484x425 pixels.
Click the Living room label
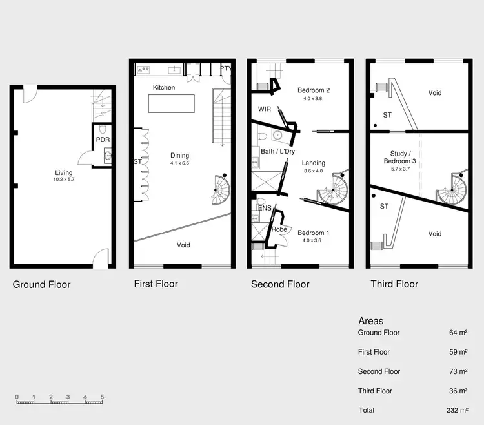pyautogui.click(x=63, y=172)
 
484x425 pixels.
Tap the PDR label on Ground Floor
pyautogui.click(x=103, y=140)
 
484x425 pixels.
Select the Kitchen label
pyautogui.click(x=163, y=87)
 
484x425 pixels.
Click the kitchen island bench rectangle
pyautogui.click(x=172, y=103)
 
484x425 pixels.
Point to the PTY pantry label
pyautogui.click(x=226, y=68)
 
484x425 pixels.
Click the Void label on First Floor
pyautogui.click(x=184, y=245)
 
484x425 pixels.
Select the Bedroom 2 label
pyautogui.click(x=314, y=90)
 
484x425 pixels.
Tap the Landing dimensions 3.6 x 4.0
pyautogui.click(x=314, y=172)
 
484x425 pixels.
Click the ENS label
pyautogui.click(x=264, y=208)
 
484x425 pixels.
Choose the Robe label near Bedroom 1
pyautogui.click(x=279, y=229)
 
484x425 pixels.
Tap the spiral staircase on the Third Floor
pyautogui.click(x=452, y=191)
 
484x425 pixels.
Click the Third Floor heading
pyautogui.click(x=394, y=284)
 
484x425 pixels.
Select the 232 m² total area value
pyautogui.click(x=456, y=410)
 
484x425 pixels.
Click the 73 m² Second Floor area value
pyautogui.click(x=458, y=371)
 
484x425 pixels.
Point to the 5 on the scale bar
pyautogui.click(x=102, y=397)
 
